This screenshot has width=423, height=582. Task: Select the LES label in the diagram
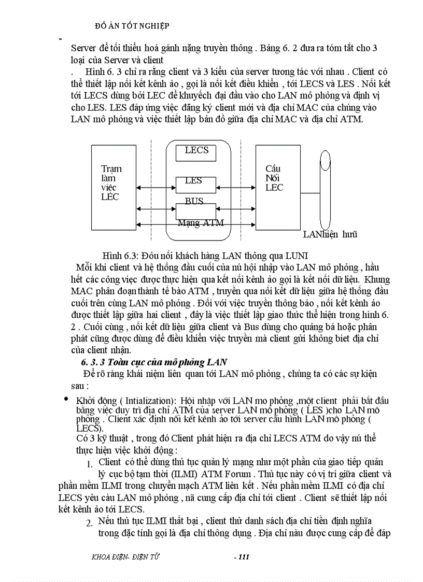(x=193, y=181)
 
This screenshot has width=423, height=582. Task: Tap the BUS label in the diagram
(x=194, y=201)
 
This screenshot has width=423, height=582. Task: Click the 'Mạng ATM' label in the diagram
(x=201, y=223)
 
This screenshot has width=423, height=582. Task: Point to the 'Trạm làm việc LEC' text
(x=111, y=182)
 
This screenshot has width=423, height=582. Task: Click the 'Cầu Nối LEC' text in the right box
(x=274, y=178)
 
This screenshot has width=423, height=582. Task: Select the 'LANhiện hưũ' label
(x=330, y=234)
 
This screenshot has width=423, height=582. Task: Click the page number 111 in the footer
(x=242, y=557)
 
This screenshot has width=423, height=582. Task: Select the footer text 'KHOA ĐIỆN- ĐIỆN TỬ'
(x=125, y=557)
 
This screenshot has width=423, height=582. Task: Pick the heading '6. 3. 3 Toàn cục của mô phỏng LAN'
(x=150, y=361)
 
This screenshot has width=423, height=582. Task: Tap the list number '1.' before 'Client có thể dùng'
(x=90, y=464)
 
